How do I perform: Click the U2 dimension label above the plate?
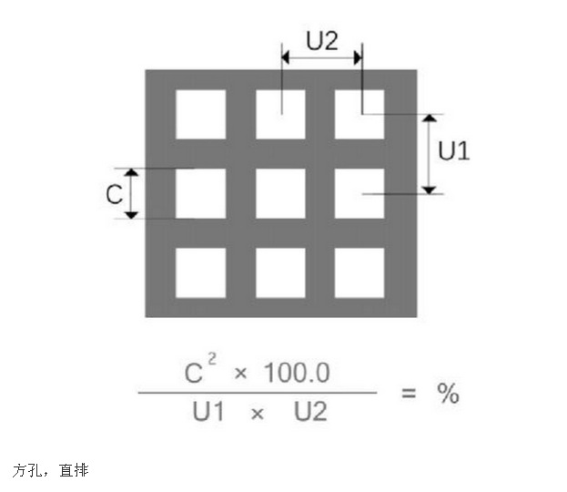click(x=323, y=39)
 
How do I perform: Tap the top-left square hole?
click(x=200, y=114)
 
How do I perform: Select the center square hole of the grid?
click(x=280, y=193)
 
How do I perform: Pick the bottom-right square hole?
click(x=359, y=272)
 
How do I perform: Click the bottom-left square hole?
click(x=200, y=272)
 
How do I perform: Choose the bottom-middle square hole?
click(x=280, y=272)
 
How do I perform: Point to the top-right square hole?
click(x=359, y=114)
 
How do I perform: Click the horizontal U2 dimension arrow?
click(x=321, y=58)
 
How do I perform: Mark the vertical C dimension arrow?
click(x=132, y=193)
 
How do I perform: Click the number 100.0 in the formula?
click(x=297, y=372)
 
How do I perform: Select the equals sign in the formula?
click(x=409, y=394)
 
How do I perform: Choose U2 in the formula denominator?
click(x=309, y=413)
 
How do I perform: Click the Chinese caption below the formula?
click(x=50, y=470)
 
